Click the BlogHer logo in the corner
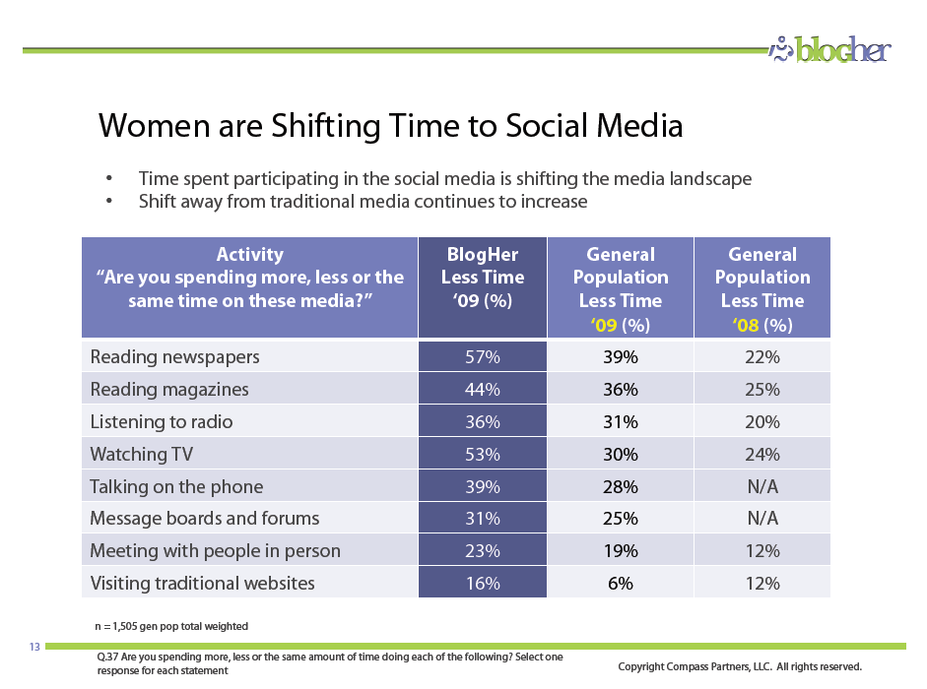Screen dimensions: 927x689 830,49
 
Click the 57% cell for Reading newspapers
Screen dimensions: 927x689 483,357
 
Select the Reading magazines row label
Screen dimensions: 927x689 169,390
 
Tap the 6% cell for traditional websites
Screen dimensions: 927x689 621,584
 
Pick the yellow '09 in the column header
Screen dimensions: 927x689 604,325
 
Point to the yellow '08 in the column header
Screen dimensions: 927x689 746,325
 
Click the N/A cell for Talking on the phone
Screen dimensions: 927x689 762,486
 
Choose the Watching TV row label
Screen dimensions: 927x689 141,454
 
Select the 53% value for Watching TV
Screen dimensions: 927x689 483,455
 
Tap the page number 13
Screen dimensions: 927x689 34,647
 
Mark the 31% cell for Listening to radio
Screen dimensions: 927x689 621,422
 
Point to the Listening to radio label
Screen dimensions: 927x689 161,422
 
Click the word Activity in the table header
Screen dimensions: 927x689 249,254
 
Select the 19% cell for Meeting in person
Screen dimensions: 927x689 621,551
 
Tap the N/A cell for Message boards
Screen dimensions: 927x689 762,519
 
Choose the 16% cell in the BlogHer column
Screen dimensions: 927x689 483,584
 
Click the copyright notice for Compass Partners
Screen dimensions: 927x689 740,666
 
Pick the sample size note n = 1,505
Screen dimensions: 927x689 171,626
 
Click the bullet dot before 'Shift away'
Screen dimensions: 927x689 108,201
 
